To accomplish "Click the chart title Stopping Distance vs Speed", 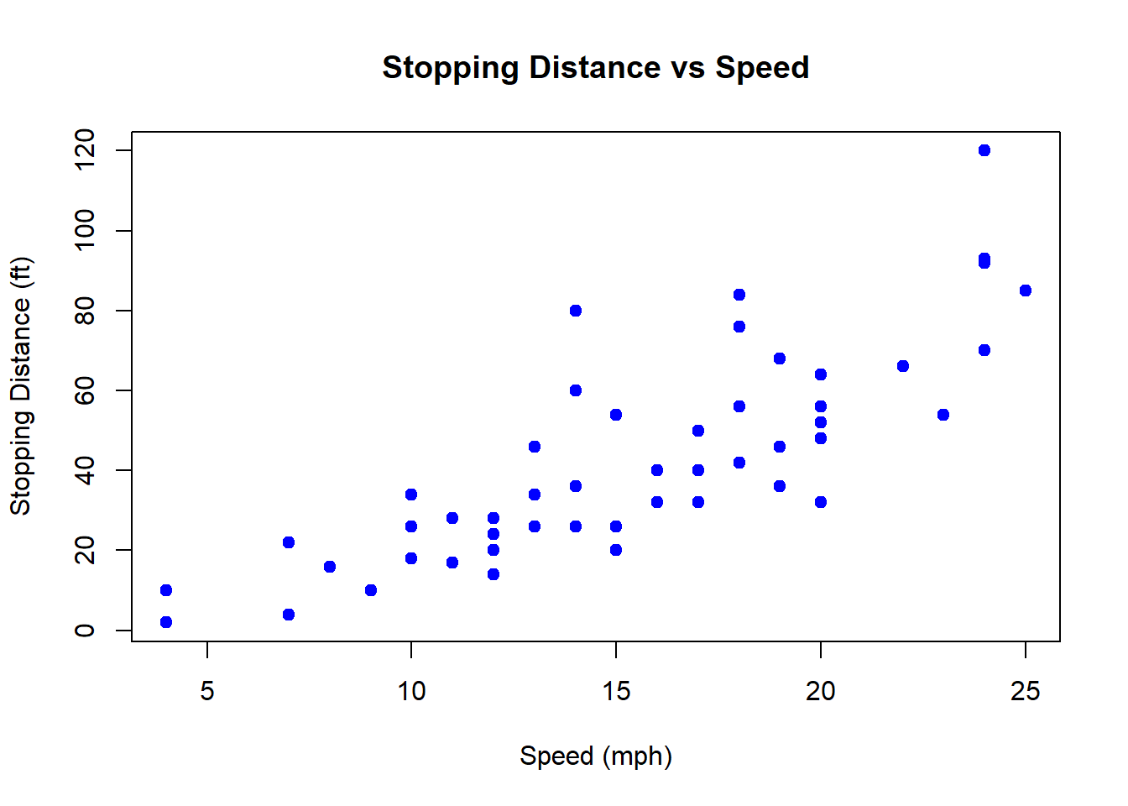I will [595, 67].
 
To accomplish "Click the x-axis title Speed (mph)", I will [595, 756].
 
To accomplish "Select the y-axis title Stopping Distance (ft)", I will [20, 386].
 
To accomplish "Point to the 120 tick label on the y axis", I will [85, 150].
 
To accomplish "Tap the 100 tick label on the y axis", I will [85, 231].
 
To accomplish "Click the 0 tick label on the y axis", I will [85, 631].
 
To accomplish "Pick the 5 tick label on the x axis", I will [207, 691].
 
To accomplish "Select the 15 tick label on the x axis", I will [616, 691].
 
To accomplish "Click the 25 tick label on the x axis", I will [1025, 691].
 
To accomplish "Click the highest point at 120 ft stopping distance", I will [984, 150].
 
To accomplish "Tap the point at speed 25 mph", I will [1025, 290].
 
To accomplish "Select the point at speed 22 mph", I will [903, 366].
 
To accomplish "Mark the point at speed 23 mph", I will [943, 415].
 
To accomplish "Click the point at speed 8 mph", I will [330, 567].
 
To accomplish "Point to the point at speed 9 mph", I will [371, 590].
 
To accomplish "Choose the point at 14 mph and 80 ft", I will [576, 311].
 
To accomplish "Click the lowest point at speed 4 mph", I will [166, 622].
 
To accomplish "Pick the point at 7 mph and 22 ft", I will [289, 542].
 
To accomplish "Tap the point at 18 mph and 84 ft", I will [739, 295].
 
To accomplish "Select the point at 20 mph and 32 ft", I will [821, 502].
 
